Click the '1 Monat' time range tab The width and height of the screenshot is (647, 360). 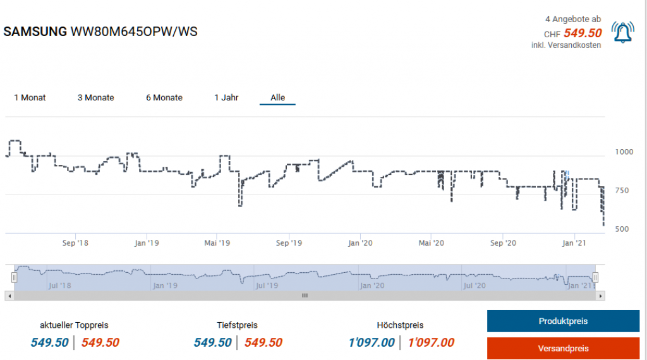pos(30,98)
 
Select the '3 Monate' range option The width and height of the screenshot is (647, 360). pos(95,98)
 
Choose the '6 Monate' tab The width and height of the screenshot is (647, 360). pos(164,98)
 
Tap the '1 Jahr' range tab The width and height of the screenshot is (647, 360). pos(226,98)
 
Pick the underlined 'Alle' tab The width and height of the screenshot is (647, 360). pos(277,98)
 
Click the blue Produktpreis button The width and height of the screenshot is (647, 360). pos(563,321)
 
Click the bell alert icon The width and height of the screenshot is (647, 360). pos(624,32)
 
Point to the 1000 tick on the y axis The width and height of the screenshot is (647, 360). pos(624,152)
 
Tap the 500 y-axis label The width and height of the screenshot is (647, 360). pos(622,229)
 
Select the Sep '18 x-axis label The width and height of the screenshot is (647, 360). pos(76,243)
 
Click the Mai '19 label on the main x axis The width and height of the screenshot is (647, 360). pos(216,243)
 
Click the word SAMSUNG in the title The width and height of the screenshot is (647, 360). pos(35,32)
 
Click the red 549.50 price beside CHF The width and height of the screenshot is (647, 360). pos(583,33)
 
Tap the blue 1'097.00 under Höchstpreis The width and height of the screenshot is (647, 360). pos(372,342)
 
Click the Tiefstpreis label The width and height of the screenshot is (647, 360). pos(237,325)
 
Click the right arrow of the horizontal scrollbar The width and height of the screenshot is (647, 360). pos(601,295)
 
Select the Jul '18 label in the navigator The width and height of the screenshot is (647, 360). pos(59,285)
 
